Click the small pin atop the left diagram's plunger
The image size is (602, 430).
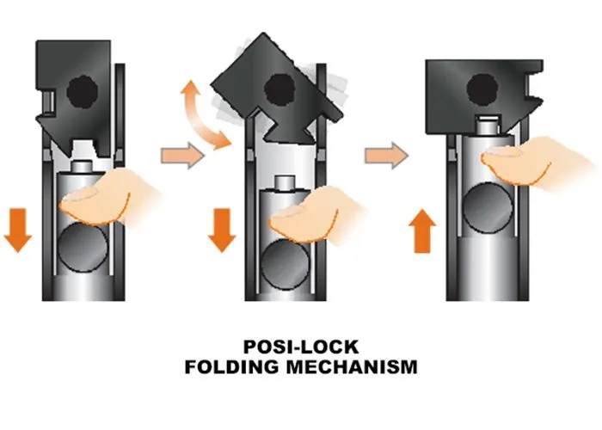click(84, 164)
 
